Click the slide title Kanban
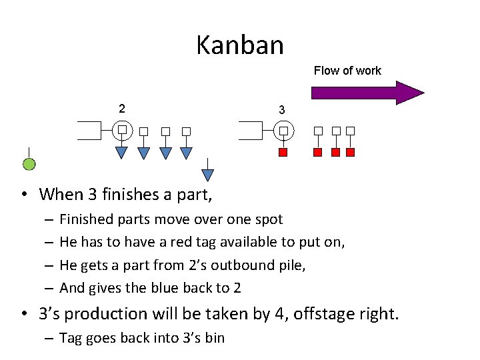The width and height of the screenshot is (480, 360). [x=240, y=45]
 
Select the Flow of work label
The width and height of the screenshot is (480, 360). [x=347, y=71]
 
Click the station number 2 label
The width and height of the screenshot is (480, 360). [x=121, y=107]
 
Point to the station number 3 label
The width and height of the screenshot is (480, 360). [x=282, y=109]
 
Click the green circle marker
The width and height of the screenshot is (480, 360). [x=29, y=164]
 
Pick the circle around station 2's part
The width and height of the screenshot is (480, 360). [x=122, y=130]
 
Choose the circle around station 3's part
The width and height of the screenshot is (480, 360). [x=283, y=130]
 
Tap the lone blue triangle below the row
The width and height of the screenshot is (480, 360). [x=208, y=175]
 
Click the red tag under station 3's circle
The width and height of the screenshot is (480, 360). [x=283, y=153]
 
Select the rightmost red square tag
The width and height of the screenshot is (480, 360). [x=351, y=153]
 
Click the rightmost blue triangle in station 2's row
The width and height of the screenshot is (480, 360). [x=187, y=153]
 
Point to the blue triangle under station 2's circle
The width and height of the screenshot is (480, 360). [x=122, y=153]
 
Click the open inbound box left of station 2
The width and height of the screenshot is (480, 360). [x=89, y=130]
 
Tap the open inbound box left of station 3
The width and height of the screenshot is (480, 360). [x=250, y=130]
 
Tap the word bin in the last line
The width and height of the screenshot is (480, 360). [x=215, y=338]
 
